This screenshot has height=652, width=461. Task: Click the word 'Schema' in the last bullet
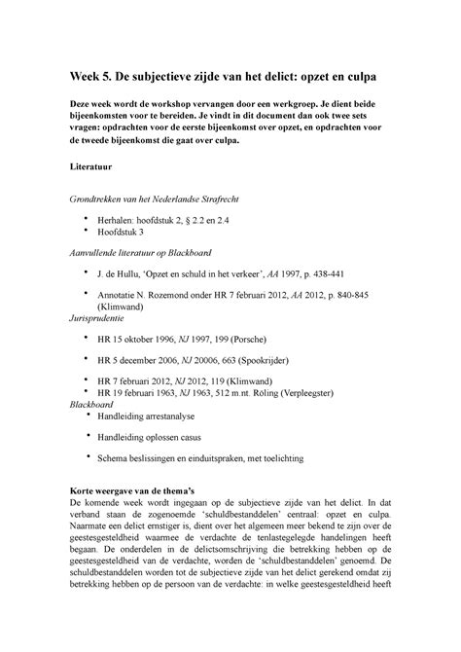(117, 485)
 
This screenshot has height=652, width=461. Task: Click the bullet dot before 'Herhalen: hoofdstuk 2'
(88, 217)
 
